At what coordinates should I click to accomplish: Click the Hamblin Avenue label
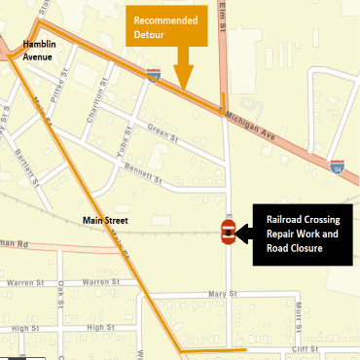click(x=46, y=51)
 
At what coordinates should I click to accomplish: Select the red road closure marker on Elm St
click(x=228, y=232)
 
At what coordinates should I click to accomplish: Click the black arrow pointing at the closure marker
click(x=244, y=232)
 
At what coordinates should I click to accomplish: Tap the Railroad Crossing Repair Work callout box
click(x=302, y=234)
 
